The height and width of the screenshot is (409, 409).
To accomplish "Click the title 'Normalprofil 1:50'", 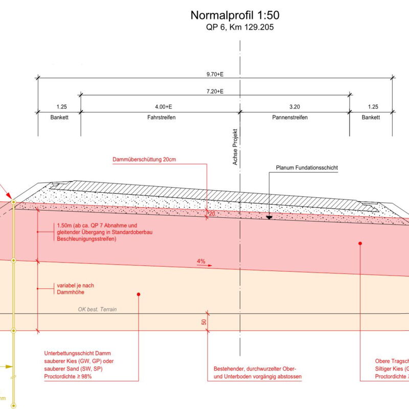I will click(235, 15).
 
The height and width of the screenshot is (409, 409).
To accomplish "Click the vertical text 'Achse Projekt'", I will click(236, 146).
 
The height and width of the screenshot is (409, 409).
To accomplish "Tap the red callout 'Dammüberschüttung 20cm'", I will click(144, 160).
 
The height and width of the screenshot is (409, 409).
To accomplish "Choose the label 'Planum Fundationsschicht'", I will click(307, 168).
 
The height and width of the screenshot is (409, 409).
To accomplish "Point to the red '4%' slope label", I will click(201, 261).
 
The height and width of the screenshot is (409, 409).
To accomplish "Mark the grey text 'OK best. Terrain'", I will click(101, 309).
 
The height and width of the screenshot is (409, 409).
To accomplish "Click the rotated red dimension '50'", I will click(204, 322).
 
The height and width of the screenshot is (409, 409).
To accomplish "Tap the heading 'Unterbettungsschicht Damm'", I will click(78, 354).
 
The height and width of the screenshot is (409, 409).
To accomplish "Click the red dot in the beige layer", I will click(139, 294).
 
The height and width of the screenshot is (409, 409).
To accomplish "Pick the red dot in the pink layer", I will click(360, 243).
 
